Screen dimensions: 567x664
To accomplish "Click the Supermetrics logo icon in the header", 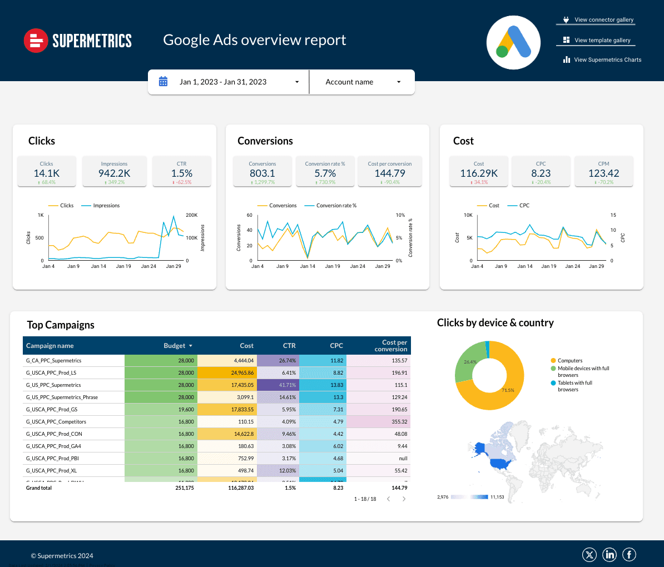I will (36, 41).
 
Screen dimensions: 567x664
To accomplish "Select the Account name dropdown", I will (362, 82).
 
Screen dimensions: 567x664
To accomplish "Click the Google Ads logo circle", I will (513, 43).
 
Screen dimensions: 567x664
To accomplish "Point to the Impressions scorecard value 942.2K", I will (114, 173).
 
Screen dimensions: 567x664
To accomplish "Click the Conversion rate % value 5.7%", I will (325, 173).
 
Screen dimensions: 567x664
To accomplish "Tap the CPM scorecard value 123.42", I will (603, 173).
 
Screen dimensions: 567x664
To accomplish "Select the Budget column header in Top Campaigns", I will (175, 346).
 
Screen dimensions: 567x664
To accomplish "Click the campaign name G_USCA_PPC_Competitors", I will (56, 422).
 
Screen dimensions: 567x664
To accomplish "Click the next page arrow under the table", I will (404, 499).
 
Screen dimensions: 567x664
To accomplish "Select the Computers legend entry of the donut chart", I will (570, 361).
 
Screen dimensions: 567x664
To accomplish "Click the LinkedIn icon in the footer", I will (610, 555).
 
